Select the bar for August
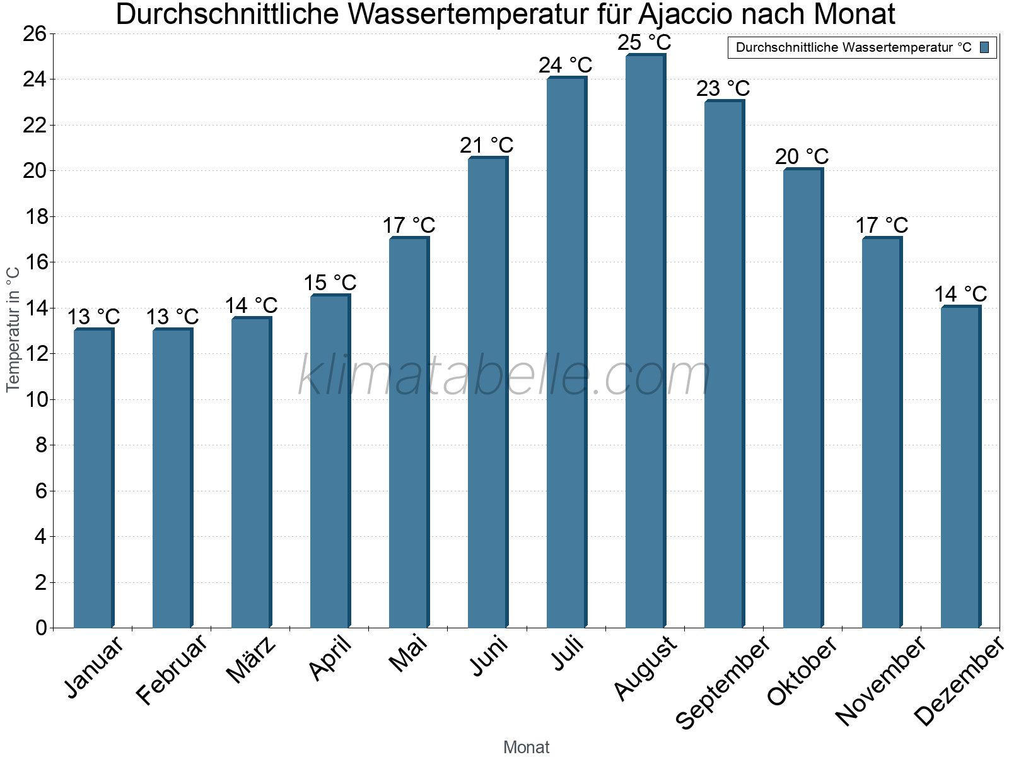[644, 341]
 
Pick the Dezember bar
[960, 467]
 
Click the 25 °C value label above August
[644, 43]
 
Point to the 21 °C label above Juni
[487, 146]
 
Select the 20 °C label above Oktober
[802, 156]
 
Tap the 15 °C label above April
[330, 283]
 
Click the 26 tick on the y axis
[35, 33]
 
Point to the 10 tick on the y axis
[35, 399]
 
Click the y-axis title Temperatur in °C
[13, 329]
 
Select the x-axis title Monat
[527, 747]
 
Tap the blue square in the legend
[984, 47]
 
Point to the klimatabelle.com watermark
[504, 377]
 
